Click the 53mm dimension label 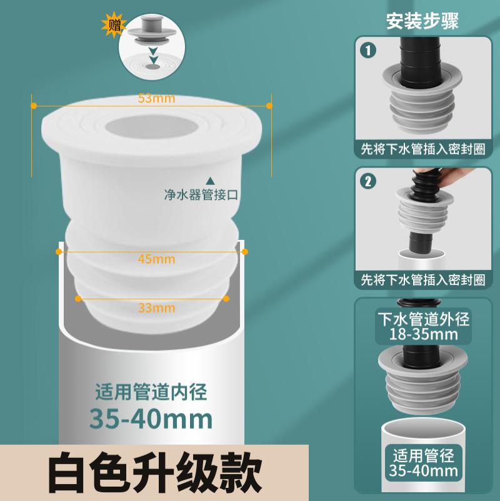point(152,98)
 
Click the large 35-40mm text point(151,417)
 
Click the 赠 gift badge point(114,26)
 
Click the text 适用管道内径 point(151,393)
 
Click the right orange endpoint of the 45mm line point(244,252)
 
